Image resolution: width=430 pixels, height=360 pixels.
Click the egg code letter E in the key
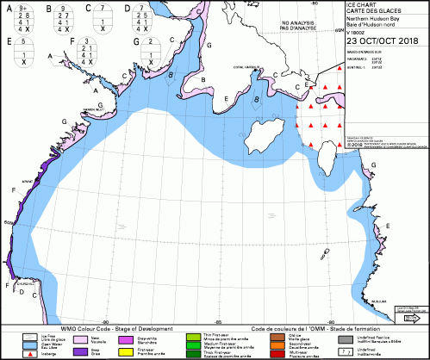tap(7, 40)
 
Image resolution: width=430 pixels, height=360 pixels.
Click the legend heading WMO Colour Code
tap(106, 328)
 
